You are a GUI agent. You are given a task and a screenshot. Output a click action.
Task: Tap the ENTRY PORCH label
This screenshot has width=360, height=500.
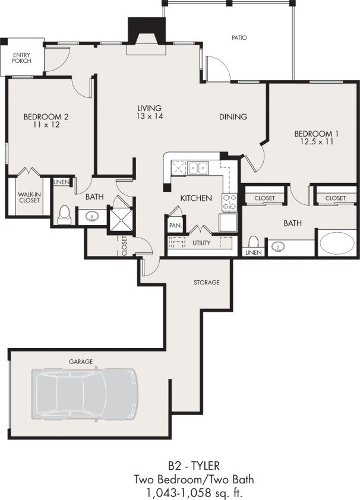(x=21, y=57)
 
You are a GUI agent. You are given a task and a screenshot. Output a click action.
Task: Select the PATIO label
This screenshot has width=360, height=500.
(x=239, y=37)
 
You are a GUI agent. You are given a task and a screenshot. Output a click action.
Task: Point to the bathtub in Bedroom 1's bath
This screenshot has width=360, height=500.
(x=337, y=243)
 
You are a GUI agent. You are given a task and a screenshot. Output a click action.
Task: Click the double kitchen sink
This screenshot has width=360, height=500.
(x=197, y=168)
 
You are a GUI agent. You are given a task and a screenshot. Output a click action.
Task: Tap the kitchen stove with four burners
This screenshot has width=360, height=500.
(x=229, y=202)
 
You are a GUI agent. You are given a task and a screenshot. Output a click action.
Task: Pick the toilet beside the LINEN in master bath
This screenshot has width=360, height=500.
(x=253, y=243)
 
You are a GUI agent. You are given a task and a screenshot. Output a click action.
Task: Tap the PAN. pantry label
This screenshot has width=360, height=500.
(x=175, y=226)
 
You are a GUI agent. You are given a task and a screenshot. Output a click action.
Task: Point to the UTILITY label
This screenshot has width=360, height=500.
(x=201, y=243)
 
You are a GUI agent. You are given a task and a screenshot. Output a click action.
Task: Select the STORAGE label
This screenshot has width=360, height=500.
(x=207, y=282)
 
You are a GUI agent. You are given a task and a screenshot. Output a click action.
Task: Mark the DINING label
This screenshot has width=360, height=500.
(x=233, y=117)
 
